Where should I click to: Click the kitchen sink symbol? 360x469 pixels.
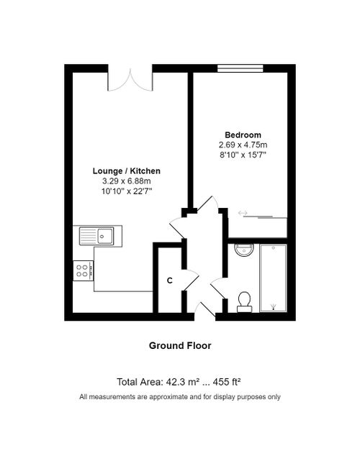coord(96,234)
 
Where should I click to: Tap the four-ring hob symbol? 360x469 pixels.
coord(83,270)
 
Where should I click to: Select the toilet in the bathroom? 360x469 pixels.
coord(244,301)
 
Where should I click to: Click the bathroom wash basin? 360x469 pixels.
coord(244,251)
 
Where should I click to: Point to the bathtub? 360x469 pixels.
coord(273,279)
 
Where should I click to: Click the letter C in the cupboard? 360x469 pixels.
coord(170,280)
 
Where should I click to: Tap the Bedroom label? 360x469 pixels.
coord(243,135)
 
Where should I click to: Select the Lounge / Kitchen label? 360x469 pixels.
coord(126,171)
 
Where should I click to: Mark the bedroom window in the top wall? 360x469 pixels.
coord(240,68)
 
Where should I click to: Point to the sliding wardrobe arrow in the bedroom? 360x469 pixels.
coord(243,213)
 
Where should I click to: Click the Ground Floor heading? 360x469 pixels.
coord(180,346)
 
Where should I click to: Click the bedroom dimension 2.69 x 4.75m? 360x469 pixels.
coord(243,145)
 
